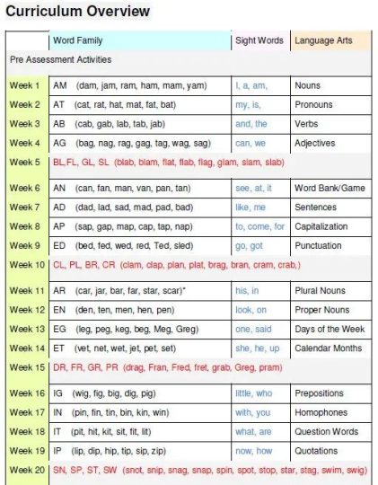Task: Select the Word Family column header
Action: pyautogui.click(x=78, y=40)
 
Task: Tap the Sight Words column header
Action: pyautogui.click(x=259, y=40)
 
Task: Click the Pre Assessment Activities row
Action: pyautogui.click(x=61, y=59)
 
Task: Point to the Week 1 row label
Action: pyautogui.click(x=25, y=85)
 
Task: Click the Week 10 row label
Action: pyautogui.click(x=27, y=265)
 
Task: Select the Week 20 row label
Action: pyautogui.click(x=27, y=470)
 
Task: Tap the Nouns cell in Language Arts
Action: pyautogui.click(x=310, y=85)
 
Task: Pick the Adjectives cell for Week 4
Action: pyautogui.click(x=315, y=143)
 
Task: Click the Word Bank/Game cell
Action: pyautogui.click(x=329, y=189)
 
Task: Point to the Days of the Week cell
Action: pyautogui.click(x=330, y=329)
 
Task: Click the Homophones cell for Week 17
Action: pyautogui.click(x=321, y=413)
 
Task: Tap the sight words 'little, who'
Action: pyautogui.click(x=255, y=393)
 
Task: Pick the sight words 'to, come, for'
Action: pyautogui.click(x=260, y=226)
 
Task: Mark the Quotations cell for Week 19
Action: pyautogui.click(x=317, y=451)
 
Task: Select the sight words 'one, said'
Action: pyautogui.click(x=255, y=329)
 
